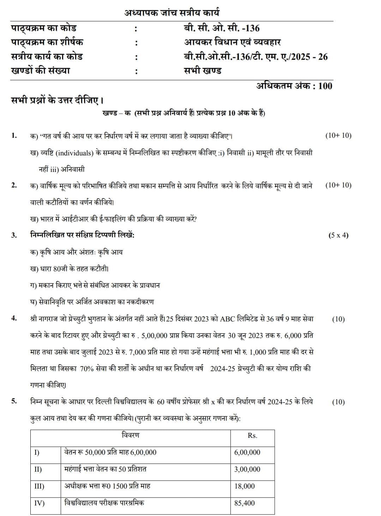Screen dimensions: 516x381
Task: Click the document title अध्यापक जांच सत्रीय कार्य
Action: (172, 13)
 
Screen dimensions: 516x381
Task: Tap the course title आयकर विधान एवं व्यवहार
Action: (232, 42)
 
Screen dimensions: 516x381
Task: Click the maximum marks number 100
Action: (325, 86)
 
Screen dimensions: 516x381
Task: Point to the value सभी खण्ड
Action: (202, 70)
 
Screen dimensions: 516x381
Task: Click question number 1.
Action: (14, 136)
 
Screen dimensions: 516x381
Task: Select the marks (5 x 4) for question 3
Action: (338, 235)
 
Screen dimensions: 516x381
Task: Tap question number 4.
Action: (14, 319)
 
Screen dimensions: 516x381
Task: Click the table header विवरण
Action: (131, 435)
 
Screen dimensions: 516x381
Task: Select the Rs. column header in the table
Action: (252, 435)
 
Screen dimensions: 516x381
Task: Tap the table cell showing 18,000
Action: (244, 486)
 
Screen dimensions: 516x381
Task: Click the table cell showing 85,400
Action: (244, 503)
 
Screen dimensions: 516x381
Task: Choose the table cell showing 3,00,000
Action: (247, 469)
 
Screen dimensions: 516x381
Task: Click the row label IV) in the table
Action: (39, 503)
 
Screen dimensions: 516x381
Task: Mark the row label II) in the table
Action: (38, 469)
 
